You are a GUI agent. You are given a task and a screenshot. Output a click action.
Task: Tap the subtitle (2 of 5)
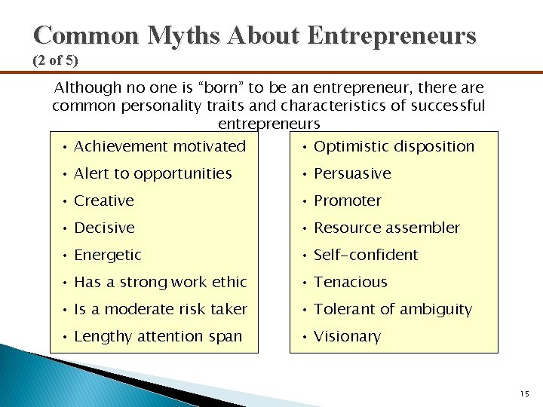point(55,60)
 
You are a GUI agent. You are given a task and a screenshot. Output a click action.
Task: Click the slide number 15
point(525,393)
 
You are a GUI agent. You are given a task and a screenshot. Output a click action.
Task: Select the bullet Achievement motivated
point(160,146)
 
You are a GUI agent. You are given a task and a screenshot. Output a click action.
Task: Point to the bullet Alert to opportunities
point(152,173)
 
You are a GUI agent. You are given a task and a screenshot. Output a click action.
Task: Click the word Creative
point(104,200)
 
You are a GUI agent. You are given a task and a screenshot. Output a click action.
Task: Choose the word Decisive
point(104,228)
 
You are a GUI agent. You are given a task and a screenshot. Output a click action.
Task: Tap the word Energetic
point(108,255)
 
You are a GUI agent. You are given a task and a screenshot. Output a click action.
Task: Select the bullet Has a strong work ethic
point(160,282)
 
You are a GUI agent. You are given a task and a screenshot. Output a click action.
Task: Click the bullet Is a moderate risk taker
point(160,309)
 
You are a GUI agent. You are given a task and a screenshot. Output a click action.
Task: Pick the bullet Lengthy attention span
point(158,336)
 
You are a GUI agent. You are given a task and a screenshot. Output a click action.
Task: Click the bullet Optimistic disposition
point(394,146)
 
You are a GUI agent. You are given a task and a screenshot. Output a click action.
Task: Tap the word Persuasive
point(352,173)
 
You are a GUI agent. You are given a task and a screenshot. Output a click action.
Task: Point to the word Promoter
point(348,200)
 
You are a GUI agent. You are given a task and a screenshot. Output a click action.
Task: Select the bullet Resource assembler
point(386,228)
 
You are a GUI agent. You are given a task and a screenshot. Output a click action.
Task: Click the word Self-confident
point(366,255)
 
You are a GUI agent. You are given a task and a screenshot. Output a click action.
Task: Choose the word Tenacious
point(351,282)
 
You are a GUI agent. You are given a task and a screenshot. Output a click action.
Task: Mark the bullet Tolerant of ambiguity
point(392,309)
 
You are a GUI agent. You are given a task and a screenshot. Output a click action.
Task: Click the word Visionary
point(347,336)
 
